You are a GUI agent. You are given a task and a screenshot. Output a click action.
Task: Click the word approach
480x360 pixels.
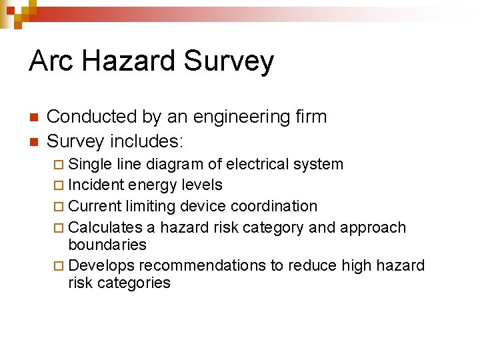[x=373, y=228]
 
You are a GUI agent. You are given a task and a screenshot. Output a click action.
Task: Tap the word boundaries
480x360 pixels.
[x=107, y=245]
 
